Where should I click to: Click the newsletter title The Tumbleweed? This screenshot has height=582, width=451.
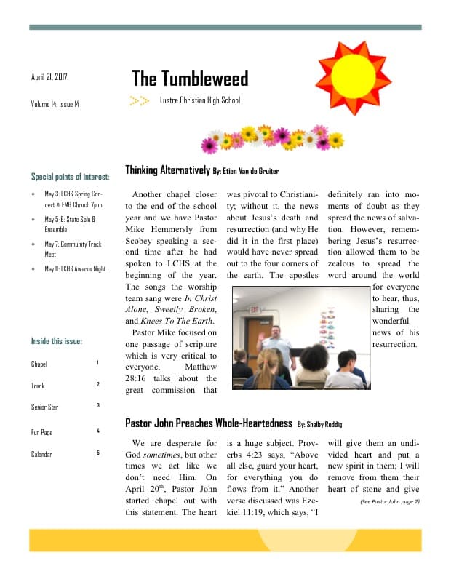click(x=190, y=79)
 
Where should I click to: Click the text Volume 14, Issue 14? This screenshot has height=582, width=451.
click(x=55, y=104)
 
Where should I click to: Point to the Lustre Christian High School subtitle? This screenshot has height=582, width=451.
click(x=200, y=100)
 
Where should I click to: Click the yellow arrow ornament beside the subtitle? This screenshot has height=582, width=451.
click(x=140, y=100)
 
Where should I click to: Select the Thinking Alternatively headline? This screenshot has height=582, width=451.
click(x=167, y=170)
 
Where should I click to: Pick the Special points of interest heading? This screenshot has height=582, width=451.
click(x=71, y=176)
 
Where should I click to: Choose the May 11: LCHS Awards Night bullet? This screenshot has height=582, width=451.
click(x=75, y=268)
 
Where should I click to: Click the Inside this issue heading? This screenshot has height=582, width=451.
click(x=57, y=340)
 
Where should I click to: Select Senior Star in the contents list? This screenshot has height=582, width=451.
click(x=44, y=407)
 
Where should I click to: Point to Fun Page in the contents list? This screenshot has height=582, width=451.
click(x=41, y=432)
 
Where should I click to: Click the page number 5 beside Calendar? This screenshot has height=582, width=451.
click(x=97, y=453)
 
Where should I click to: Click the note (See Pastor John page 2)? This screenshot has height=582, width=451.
click(x=390, y=501)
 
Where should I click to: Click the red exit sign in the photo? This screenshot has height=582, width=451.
click(x=255, y=309)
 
